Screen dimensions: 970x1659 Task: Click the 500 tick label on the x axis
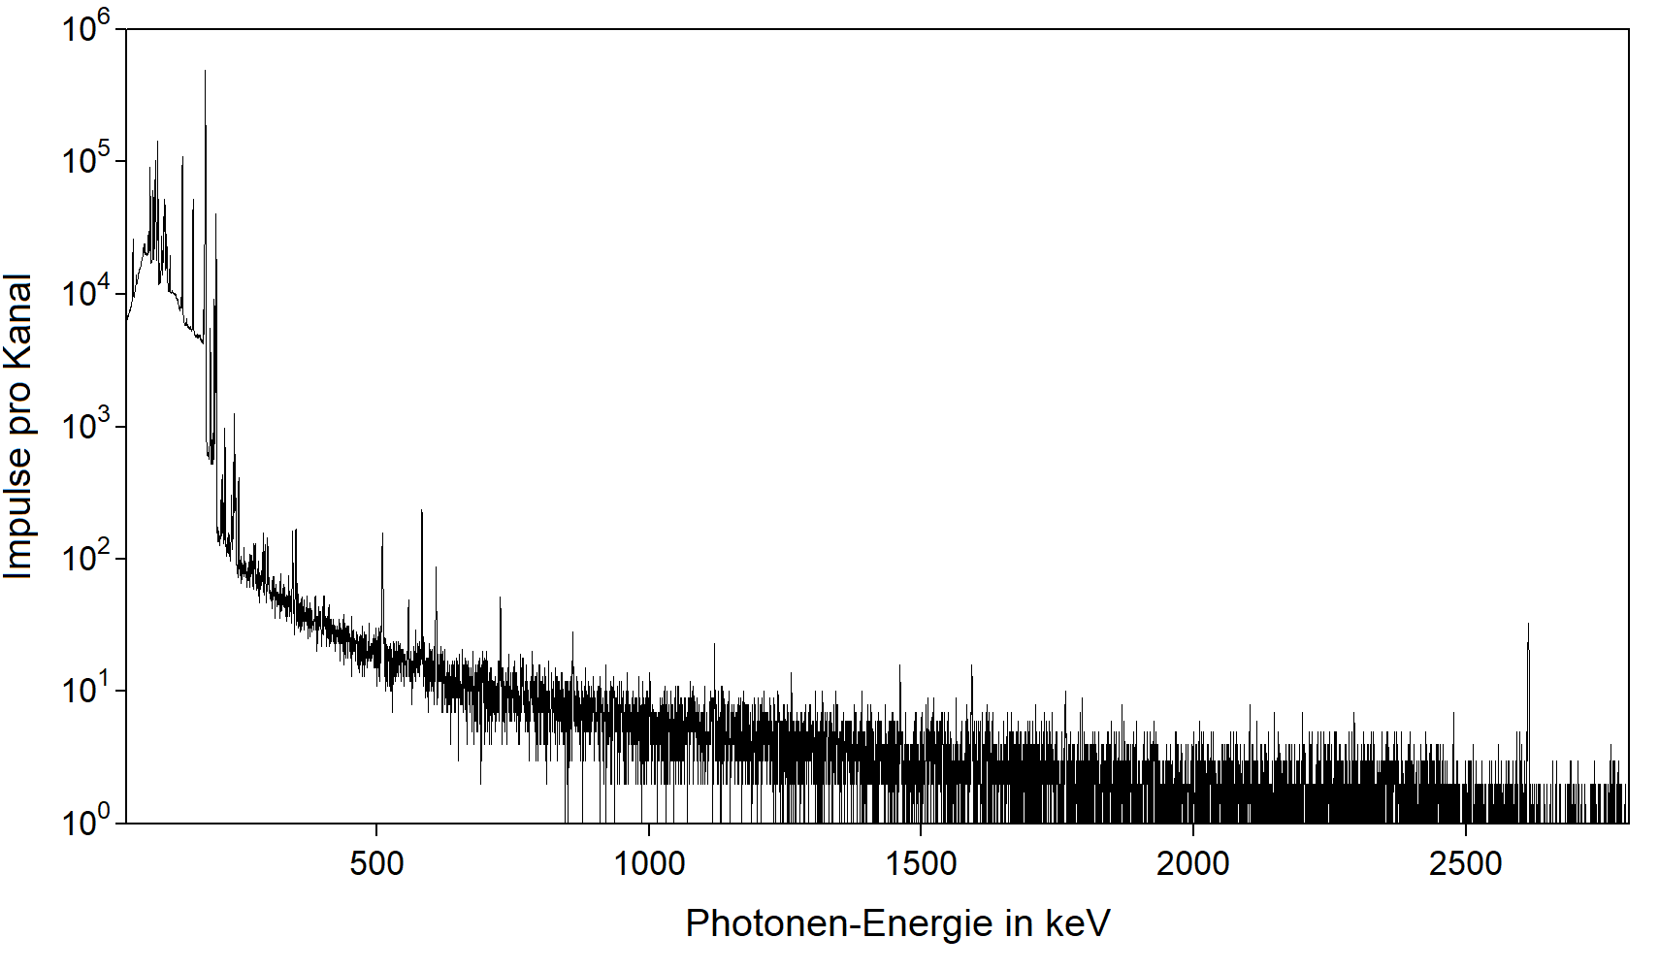tap(376, 862)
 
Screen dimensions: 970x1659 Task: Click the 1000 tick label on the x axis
tap(649, 862)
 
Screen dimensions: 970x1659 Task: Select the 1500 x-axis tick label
tap(921, 862)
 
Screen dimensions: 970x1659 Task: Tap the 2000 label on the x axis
tap(1192, 862)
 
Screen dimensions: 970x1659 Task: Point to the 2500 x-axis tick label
tap(1465, 862)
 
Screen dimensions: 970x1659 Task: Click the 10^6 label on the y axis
tap(86, 27)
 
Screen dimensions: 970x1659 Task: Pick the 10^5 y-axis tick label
tap(86, 160)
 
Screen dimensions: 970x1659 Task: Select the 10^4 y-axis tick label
tap(86, 292)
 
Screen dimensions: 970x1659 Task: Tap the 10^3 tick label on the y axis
tap(86, 425)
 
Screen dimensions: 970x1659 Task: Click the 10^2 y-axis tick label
tap(86, 558)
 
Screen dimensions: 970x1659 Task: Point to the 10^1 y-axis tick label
tap(86, 690)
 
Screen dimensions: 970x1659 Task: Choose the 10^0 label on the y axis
tap(86, 823)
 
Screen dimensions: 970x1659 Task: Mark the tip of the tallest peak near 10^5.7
tap(205, 71)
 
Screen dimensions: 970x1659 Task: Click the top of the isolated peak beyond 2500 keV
tap(1528, 624)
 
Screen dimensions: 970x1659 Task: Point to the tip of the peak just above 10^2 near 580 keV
tap(421, 510)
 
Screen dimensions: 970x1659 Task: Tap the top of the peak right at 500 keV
tap(382, 533)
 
